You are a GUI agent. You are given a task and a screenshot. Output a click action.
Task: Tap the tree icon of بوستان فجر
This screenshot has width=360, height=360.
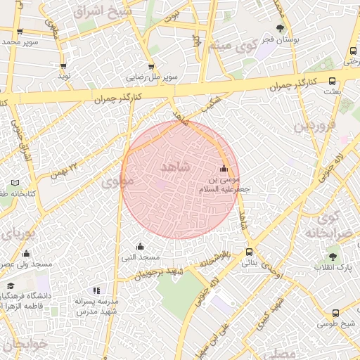(x=281, y=29)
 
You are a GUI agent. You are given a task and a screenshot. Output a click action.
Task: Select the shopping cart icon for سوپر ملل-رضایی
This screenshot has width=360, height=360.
(x=151, y=66)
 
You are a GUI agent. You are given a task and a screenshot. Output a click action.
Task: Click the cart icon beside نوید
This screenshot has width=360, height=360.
(x=63, y=66)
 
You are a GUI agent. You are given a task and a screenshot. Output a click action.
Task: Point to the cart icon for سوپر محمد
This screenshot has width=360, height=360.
(x=20, y=32)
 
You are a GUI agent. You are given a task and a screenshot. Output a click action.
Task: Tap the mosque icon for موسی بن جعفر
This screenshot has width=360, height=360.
(x=224, y=168)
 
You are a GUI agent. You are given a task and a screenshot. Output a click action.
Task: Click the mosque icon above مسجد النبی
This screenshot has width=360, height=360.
(x=140, y=246)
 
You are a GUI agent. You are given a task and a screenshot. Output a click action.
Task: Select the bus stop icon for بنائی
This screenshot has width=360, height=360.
(x=250, y=252)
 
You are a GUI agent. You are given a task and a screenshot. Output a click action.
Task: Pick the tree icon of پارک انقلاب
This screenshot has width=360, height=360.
(x=333, y=257)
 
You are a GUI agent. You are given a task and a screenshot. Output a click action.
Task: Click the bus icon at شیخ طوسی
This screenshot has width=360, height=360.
(x=335, y=313)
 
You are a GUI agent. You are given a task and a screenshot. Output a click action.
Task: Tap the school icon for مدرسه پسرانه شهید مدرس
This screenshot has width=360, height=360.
(x=97, y=290)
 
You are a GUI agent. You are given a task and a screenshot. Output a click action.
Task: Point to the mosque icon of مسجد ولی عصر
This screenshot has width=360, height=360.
(x=27, y=253)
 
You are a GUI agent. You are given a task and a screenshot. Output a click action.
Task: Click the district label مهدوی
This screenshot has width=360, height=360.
(x=116, y=182)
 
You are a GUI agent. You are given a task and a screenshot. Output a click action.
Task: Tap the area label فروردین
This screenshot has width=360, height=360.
(x=311, y=127)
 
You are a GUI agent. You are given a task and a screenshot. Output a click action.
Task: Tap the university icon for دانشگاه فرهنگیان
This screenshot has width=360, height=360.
(x=11, y=287)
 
